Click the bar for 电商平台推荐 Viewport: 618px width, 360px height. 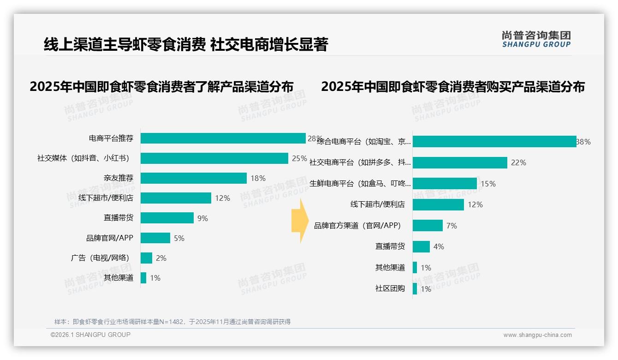tap(223, 138)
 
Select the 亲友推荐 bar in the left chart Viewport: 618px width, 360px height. tap(194, 178)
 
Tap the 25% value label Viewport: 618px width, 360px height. tap(299, 158)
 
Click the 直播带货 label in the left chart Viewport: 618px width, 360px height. tap(119, 218)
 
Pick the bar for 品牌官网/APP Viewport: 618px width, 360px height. tap(155, 238)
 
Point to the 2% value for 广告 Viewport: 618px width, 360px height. tap(161, 258)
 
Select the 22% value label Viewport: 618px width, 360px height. tap(518, 162)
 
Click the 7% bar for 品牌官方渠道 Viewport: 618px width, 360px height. tap(428, 226)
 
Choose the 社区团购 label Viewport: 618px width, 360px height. tap(390, 288)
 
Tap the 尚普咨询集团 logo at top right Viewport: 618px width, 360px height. tap(536, 39)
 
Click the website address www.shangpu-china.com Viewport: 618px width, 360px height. tap(537, 335)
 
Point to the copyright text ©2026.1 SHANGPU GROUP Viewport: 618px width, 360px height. tap(90, 335)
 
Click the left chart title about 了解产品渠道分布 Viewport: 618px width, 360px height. tap(161, 87)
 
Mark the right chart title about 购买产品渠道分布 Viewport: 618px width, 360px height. tap(453, 87)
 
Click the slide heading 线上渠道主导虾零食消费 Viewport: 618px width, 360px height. tap(125, 45)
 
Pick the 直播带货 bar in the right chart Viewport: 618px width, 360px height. tap(421, 246)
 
